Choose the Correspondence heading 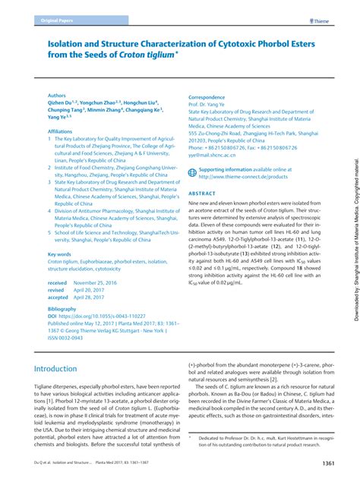coord(207,96)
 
